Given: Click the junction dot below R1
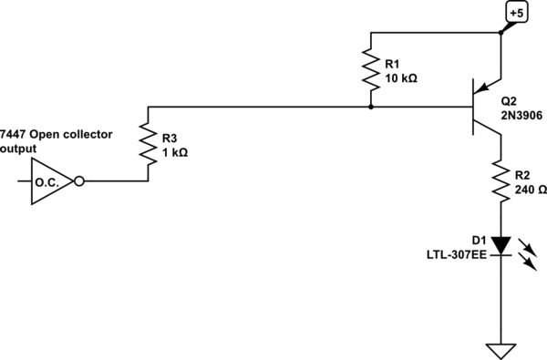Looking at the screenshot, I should (371, 107).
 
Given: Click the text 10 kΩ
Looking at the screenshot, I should (401, 78).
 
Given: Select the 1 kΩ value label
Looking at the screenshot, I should (176, 152).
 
